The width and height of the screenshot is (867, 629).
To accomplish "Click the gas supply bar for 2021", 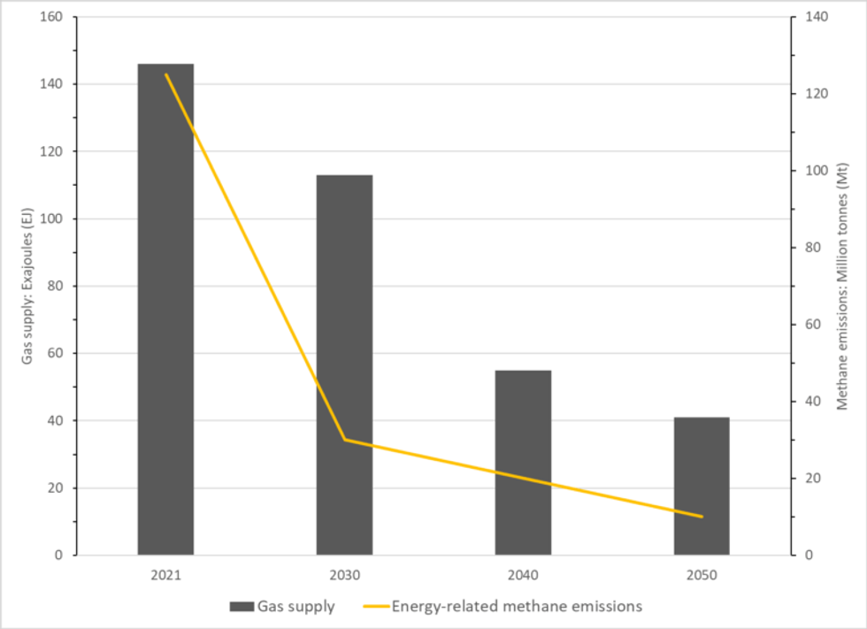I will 165,310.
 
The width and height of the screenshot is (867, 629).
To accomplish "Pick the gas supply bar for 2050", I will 702,486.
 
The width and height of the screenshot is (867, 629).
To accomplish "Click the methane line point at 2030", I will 344,440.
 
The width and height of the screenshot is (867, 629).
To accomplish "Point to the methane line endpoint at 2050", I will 702,517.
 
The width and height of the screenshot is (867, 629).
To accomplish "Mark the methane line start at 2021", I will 165,74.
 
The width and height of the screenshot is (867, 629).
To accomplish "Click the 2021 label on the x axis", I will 165,575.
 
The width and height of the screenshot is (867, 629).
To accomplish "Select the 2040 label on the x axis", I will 523,575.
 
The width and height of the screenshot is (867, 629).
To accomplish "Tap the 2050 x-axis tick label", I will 702,575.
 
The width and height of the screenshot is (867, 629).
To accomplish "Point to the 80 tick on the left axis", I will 54,286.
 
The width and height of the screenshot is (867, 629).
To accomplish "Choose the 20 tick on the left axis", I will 54,488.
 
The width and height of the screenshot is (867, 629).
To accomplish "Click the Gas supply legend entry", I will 282,607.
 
